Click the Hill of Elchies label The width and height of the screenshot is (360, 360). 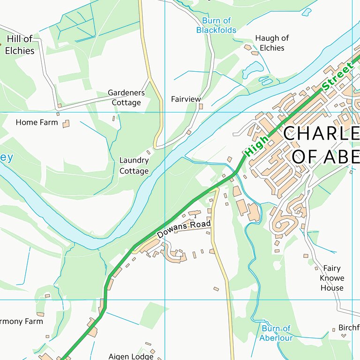pos(20,45)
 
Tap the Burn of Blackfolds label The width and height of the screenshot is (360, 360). pos(216,25)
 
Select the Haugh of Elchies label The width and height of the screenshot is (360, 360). pos(272,43)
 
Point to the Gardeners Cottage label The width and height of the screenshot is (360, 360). pos(126,97)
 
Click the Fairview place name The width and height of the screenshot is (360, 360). pos(186,99)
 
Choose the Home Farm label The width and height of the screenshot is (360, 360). pos(37,122)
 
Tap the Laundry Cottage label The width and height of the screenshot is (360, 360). pos(134,165)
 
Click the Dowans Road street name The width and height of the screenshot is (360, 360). pos(183,228)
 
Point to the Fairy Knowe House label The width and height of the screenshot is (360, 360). pos(332,278)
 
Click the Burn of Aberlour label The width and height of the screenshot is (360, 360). pos(277,333)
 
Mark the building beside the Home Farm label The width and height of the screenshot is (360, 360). pos(66,124)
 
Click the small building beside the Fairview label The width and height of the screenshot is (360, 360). pos(201,106)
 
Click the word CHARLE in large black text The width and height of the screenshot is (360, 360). pos(321,134)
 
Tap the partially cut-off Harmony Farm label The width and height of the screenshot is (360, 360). pos(21,322)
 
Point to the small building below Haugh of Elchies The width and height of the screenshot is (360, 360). pos(248,47)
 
